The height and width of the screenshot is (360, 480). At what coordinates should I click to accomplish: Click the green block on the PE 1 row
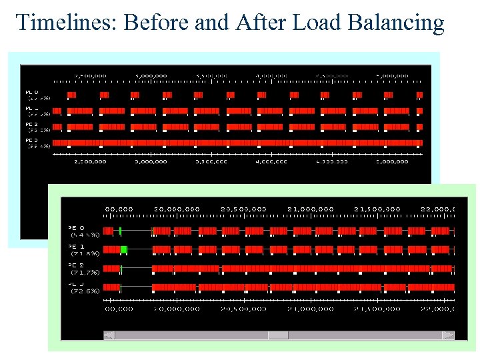[x=123, y=249]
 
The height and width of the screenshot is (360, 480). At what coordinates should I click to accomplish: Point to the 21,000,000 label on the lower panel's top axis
[x=310, y=209]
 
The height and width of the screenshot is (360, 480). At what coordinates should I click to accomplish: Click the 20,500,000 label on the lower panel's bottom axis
[x=243, y=308]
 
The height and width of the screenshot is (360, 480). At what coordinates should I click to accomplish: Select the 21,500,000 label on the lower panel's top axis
[x=377, y=209]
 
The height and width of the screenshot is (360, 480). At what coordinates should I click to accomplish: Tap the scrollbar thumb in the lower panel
[x=278, y=335]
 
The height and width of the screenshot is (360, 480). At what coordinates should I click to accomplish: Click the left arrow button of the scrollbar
[x=109, y=335]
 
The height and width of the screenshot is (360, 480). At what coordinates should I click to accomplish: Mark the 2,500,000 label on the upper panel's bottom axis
[x=89, y=161]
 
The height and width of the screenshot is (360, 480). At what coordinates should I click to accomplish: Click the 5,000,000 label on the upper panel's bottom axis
[x=392, y=161]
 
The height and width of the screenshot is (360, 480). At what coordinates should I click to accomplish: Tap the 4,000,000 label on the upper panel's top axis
[x=272, y=75]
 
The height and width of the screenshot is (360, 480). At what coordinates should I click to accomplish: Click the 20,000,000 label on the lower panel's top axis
[x=177, y=209]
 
